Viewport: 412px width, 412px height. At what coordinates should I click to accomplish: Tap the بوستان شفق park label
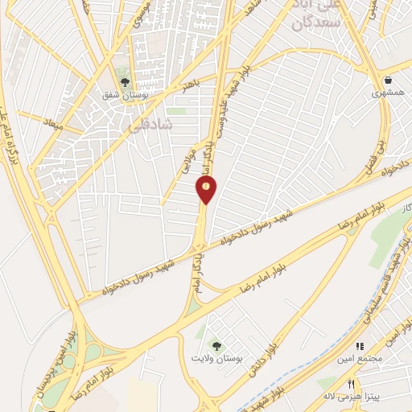tap(124, 95)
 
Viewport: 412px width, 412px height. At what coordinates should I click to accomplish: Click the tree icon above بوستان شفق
tap(124, 80)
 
